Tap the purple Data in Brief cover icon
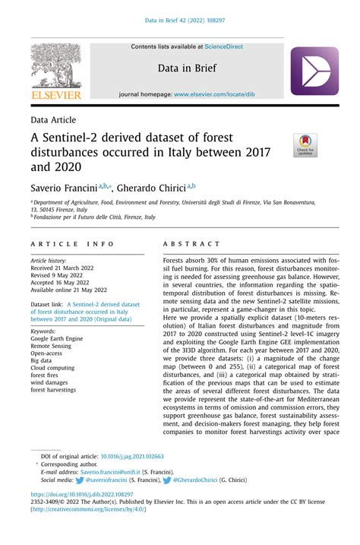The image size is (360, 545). [x=314, y=71]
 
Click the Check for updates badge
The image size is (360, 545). [x=306, y=145]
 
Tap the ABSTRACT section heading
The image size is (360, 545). [x=191, y=244]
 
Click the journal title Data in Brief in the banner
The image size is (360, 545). [x=188, y=68]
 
